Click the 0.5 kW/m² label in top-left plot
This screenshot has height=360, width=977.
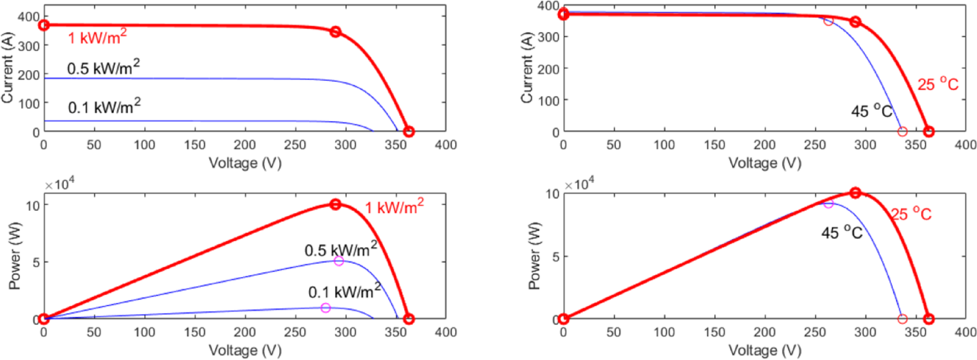pyautogui.click(x=103, y=68)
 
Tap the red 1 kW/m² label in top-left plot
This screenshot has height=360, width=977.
pyautogui.click(x=97, y=38)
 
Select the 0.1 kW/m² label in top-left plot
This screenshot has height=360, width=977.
pyautogui.click(x=104, y=107)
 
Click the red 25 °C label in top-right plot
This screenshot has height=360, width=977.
pyautogui.click(x=938, y=84)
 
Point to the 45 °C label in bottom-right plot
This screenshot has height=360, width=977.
pyautogui.click(x=841, y=232)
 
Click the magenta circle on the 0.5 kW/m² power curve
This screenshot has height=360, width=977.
pyautogui.click(x=339, y=261)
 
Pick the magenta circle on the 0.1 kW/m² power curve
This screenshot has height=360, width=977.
pyautogui.click(x=325, y=308)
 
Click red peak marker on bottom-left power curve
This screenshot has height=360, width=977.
pyautogui.click(x=335, y=204)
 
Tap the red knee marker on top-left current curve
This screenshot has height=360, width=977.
pyautogui.click(x=335, y=32)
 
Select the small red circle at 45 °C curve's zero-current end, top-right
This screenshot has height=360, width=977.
pyautogui.click(x=902, y=132)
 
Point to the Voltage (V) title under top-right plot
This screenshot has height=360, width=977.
pyautogui.click(x=765, y=163)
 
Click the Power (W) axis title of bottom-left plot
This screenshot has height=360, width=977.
pyautogui.click(x=14, y=256)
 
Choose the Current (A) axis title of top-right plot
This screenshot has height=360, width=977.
pyautogui.click(x=526, y=68)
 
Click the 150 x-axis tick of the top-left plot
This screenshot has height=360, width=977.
pyautogui.click(x=194, y=145)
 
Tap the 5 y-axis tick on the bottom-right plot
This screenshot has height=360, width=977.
pyautogui.click(x=555, y=257)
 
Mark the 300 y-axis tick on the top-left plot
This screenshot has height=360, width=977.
pyautogui.click(x=29, y=46)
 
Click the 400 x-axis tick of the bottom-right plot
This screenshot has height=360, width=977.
pyautogui.click(x=965, y=332)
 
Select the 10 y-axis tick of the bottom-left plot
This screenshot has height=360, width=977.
pyautogui.click(x=33, y=205)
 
